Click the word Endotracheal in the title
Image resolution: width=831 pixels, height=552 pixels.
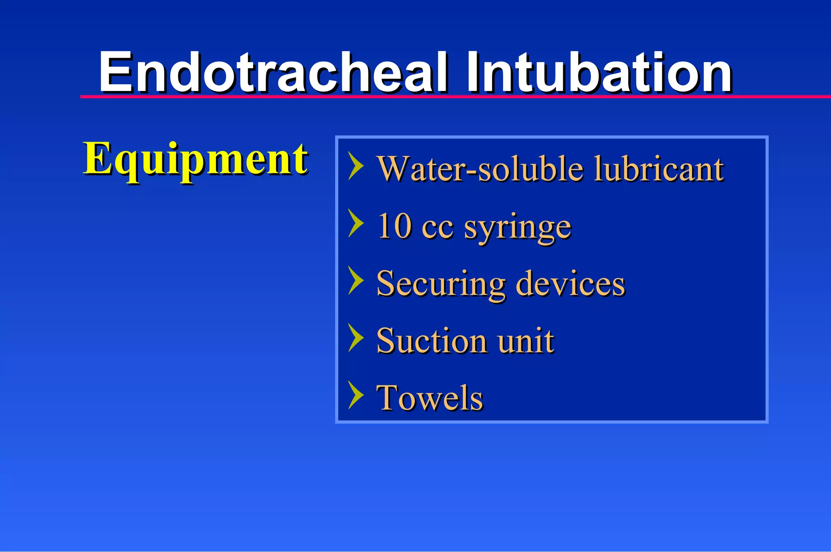[x=274, y=73]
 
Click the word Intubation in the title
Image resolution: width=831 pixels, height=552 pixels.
[x=598, y=73]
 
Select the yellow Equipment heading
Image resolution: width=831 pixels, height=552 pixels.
[x=196, y=159]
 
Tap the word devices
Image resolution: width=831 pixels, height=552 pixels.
[x=570, y=283]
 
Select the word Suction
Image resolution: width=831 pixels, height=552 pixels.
[x=431, y=341]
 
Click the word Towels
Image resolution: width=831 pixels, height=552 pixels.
[x=430, y=398]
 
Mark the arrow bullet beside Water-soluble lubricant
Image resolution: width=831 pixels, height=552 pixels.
[x=356, y=166]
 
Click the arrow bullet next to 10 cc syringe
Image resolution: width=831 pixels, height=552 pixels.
[x=356, y=223]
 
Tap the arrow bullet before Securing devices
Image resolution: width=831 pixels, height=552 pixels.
[x=356, y=280]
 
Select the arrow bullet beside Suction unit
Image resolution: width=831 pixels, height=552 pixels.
[x=356, y=338]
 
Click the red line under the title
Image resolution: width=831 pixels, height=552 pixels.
[x=446, y=97]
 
